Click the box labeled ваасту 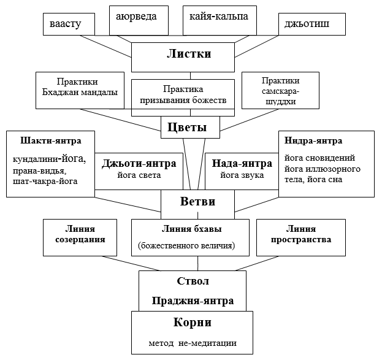(x=69, y=24)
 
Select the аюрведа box (x=139, y=20)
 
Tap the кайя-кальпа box (x=220, y=20)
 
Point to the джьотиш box (x=312, y=24)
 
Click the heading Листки (x=189, y=53)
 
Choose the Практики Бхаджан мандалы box (x=80, y=90)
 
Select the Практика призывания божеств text (x=183, y=94)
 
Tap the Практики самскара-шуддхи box (x=280, y=90)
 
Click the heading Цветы (x=187, y=127)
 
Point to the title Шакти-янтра (x=51, y=140)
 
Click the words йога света (x=139, y=175)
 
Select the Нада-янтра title (x=242, y=163)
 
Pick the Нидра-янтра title (x=313, y=140)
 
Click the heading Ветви (x=197, y=202)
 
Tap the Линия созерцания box (x=80, y=237)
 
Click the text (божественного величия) (x=186, y=245)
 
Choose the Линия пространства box (x=301, y=237)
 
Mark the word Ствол (x=193, y=281)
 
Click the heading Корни (x=192, y=322)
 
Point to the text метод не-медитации (x=193, y=343)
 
